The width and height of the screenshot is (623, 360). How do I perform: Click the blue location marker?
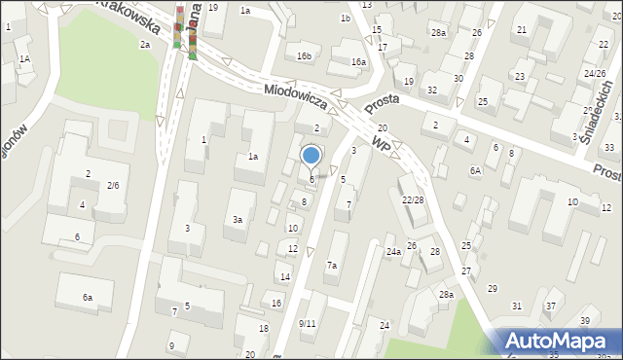coord(311,156)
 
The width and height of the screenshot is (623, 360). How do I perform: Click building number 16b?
coord(305,56)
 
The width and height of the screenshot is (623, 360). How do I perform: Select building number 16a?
coord(358,62)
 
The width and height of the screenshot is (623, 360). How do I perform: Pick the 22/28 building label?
coord(413,199)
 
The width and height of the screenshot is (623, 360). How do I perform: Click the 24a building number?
coord(393,251)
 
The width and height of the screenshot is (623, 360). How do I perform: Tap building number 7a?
coord(332,266)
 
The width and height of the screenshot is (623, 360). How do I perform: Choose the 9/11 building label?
coord(307,323)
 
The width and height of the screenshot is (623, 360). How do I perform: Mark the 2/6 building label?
coord(113,185)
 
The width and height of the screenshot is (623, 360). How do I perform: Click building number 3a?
coord(237,220)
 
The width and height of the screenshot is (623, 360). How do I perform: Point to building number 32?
coord(431,90)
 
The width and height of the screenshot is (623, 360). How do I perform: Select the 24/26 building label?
coord(595,74)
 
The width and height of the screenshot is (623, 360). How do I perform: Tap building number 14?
coord(285,277)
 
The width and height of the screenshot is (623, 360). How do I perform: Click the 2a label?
coord(144,45)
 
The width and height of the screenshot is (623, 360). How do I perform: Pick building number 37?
coord(550,306)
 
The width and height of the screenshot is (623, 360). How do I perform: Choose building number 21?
coord(522,30)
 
